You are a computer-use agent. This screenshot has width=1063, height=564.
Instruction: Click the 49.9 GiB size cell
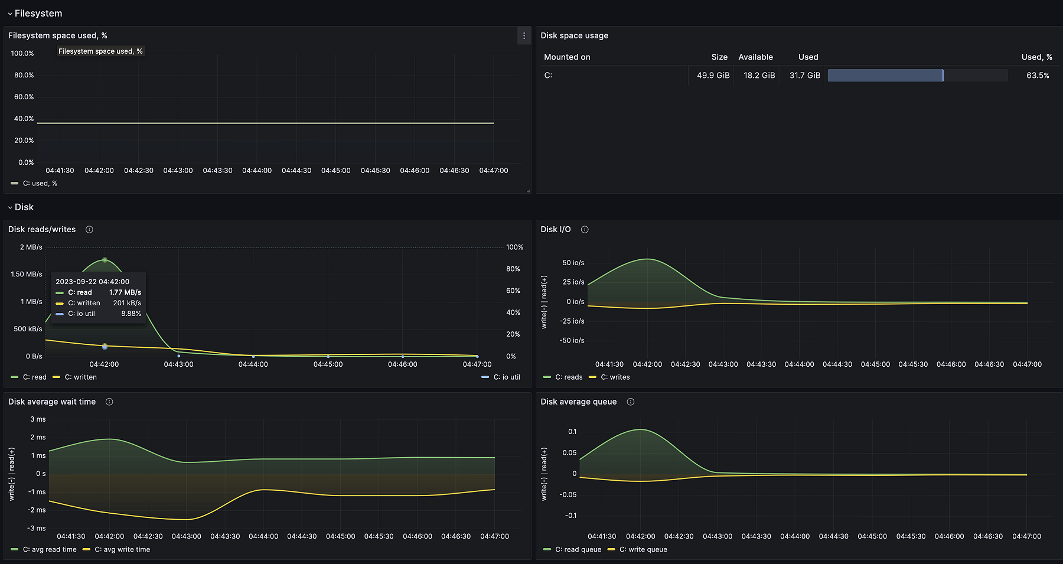pos(713,76)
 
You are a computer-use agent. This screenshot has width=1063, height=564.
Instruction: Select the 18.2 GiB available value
pos(759,76)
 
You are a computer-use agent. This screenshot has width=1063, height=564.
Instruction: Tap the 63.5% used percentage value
pos(1037,76)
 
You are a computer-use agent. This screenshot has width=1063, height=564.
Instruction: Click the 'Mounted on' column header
pos(567,57)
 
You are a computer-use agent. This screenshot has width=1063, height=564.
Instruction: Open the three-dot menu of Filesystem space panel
pos(524,36)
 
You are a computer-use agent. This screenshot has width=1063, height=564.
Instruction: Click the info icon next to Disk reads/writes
pos(89,230)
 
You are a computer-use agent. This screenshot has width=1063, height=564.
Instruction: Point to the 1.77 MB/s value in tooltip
pos(125,292)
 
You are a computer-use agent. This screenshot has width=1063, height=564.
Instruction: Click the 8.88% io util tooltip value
pos(131,314)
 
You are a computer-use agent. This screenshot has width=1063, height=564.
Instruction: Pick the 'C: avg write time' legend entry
pos(122,550)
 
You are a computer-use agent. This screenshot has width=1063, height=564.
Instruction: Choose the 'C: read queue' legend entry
pos(578,550)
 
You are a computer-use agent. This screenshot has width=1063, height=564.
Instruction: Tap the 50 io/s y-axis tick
pos(573,263)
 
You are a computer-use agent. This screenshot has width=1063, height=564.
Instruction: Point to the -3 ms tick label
pos(37,529)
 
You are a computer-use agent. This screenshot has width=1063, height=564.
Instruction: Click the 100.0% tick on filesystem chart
pos(22,54)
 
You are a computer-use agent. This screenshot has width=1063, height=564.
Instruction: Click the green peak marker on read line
pos(105,260)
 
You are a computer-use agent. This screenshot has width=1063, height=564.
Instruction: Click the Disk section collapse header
pos(24,207)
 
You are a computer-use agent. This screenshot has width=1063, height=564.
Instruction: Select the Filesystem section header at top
pos(38,14)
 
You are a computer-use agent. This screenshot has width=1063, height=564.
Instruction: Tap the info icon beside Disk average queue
pos(630,402)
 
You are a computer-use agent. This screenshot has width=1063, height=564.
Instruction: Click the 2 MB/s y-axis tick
pos(31,247)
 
